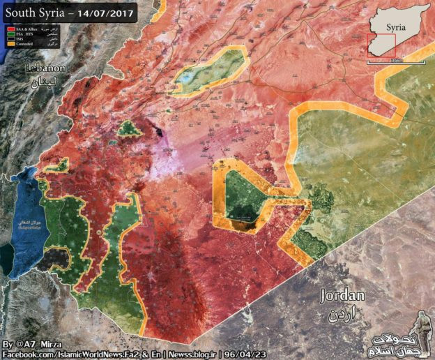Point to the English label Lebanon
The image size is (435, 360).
(45, 68)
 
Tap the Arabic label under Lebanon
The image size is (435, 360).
(45, 82)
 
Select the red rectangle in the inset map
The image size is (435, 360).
(381, 46)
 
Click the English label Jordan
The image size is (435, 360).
(342, 296)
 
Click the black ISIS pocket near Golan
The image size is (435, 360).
(55, 260)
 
